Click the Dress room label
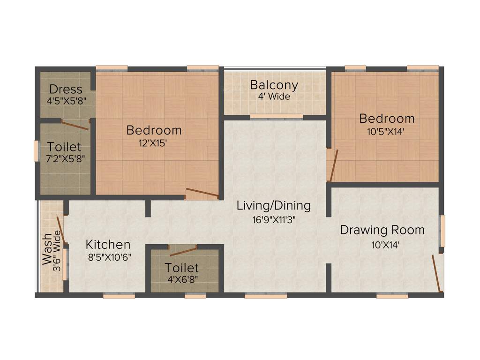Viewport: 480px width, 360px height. [x=66, y=89]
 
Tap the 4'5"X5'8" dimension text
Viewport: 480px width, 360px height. [x=66, y=100]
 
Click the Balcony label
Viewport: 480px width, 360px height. [x=274, y=85]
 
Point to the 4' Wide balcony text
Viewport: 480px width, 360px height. [x=274, y=97]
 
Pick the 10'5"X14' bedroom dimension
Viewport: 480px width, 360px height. [x=387, y=131]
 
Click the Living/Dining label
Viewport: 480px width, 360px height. [x=274, y=205]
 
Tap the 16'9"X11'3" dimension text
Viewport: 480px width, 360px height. [x=274, y=218]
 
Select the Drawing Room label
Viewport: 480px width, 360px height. [x=382, y=230]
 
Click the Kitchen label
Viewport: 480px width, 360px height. [x=108, y=245]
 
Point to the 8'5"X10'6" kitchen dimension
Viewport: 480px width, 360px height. [x=108, y=257]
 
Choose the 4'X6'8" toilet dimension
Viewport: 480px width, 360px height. [x=181, y=280]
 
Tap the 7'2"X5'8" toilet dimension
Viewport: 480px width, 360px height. [x=64, y=158]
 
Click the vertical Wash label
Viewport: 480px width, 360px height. [x=47, y=250]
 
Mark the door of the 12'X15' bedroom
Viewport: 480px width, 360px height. [x=202, y=192]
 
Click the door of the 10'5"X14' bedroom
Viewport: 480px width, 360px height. [x=333, y=165]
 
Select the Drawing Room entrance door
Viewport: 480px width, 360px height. [x=437, y=273]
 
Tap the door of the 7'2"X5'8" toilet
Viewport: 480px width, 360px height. [x=75, y=125]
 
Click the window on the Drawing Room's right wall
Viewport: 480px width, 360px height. [x=442, y=231]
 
